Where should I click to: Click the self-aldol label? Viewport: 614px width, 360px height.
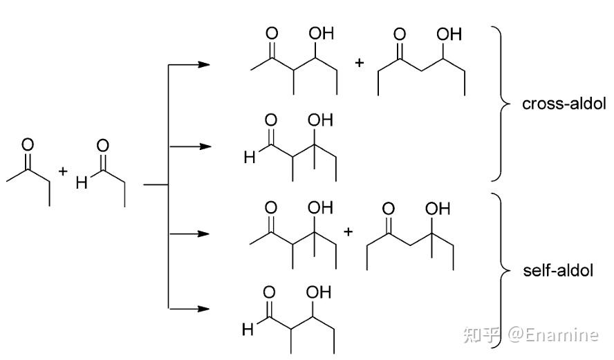[x=558, y=270]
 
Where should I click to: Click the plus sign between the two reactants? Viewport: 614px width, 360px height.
[x=63, y=170]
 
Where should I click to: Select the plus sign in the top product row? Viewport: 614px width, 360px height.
[x=359, y=64]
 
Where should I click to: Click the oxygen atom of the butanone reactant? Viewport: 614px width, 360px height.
[x=28, y=145]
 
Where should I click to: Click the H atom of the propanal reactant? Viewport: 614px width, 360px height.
[x=81, y=184]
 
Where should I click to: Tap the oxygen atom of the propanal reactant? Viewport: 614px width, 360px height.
[x=102, y=145]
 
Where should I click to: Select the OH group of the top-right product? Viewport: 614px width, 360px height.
[x=449, y=32]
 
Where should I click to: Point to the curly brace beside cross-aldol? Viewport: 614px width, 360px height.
[x=499, y=104]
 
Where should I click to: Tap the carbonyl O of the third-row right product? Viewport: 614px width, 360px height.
[x=389, y=208]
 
